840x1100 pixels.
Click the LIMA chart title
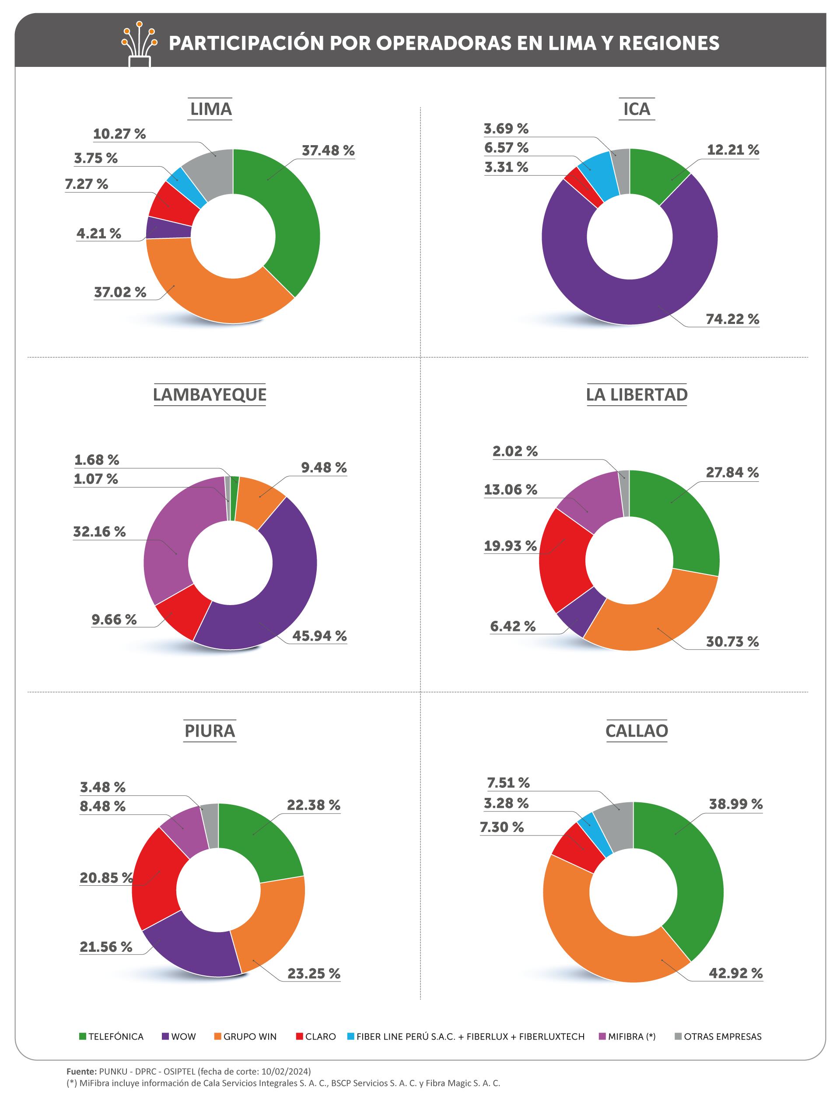(210, 109)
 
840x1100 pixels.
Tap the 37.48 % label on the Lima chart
(328, 150)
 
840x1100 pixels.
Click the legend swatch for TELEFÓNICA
(83, 1037)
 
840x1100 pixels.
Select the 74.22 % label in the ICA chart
(732, 319)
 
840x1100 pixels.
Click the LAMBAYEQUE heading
(210, 395)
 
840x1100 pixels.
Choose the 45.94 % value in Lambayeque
(319, 636)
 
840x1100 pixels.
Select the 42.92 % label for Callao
(735, 973)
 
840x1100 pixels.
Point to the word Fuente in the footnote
(81, 1072)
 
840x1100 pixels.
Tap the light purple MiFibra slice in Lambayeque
(175, 540)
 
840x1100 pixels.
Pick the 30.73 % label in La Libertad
(732, 641)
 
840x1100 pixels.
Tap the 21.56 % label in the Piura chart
(106, 947)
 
